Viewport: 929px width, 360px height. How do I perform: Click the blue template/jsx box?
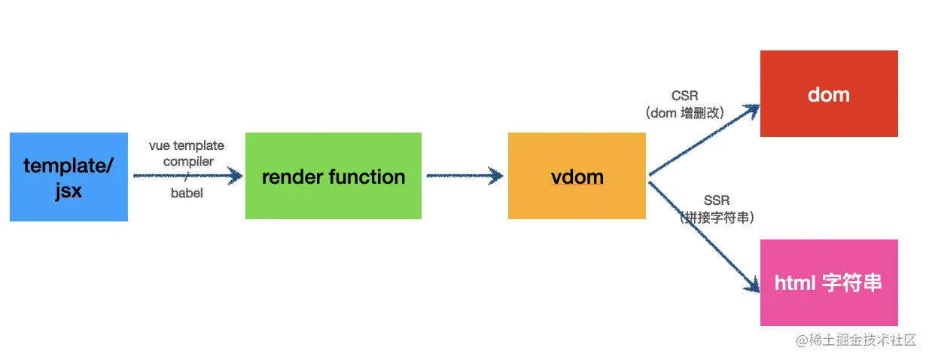69,177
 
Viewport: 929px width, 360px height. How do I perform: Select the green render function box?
334,175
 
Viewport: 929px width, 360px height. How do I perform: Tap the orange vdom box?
577,175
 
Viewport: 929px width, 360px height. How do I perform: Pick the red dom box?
829,93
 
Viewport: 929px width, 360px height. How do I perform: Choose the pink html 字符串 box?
829,283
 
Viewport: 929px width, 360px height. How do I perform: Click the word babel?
187,193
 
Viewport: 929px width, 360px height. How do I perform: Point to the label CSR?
685,96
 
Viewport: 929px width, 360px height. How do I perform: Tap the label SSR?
717,200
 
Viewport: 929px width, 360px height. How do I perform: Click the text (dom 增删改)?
685,113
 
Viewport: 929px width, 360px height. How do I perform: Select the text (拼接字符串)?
717,218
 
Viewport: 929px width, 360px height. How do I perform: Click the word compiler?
188,161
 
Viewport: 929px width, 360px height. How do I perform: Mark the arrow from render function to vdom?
465,175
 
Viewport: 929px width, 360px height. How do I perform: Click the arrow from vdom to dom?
704,140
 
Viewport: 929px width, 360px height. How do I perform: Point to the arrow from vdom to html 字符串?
704,236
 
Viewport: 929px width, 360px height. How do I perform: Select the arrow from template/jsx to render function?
188,175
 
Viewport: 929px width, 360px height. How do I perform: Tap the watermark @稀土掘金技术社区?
856,340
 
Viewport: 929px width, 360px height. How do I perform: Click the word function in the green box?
367,177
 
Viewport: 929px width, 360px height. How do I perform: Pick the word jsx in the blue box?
69,191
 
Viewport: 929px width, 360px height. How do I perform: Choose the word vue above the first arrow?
160,146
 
